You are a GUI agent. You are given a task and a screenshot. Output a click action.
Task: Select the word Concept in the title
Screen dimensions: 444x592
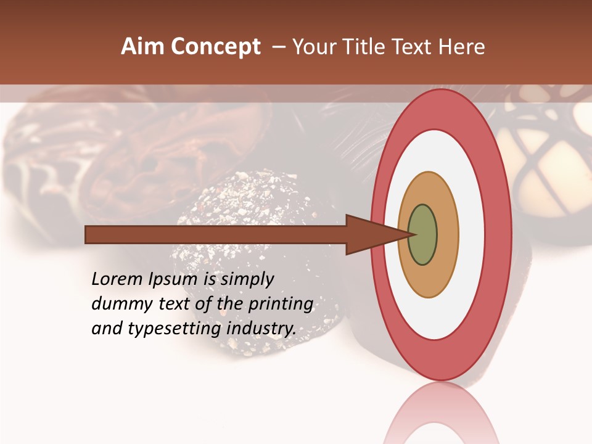tap(216, 47)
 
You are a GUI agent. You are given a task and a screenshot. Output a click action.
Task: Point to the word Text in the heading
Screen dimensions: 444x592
tap(415, 47)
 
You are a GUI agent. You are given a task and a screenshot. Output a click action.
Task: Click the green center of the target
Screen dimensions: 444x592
tap(423, 235)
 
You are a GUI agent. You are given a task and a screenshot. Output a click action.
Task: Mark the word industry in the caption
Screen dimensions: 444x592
tap(261, 329)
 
